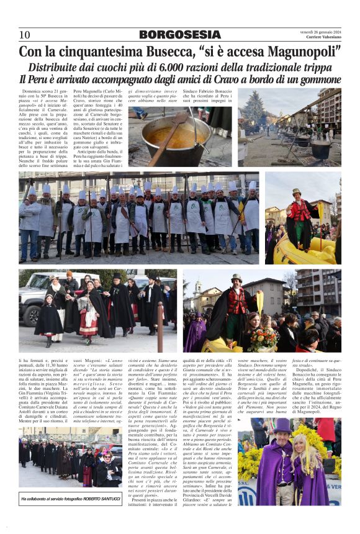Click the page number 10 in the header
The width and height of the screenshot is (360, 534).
click(24, 35)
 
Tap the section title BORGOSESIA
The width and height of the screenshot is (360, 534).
click(179, 35)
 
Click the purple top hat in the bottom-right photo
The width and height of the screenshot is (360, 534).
click(284, 425)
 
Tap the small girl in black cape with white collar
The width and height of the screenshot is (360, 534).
click(49, 320)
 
